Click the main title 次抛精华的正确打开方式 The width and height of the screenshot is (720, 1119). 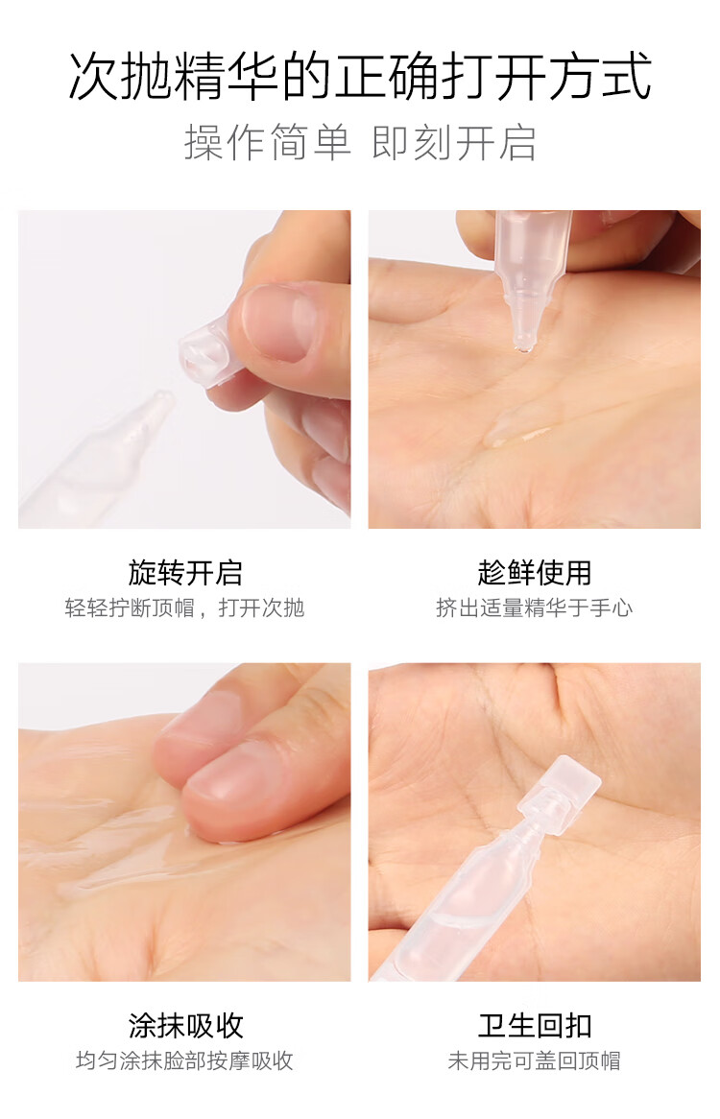pos(360,75)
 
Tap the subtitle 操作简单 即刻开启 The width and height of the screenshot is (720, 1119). pos(360,142)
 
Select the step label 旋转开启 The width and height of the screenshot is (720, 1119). pos(185,572)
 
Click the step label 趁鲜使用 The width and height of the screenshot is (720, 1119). pos(535,572)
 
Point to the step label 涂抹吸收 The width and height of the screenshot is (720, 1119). pos(185,1026)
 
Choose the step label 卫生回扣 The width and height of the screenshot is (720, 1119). pos(535,1026)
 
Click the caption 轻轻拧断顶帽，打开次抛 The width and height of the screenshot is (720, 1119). pos(185,608)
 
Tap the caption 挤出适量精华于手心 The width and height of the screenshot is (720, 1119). pos(535,608)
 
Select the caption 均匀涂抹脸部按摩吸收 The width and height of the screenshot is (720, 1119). pos(185,1060)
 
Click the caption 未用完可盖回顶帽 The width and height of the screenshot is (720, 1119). pos(535,1060)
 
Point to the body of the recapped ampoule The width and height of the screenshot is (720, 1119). pos(457,906)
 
